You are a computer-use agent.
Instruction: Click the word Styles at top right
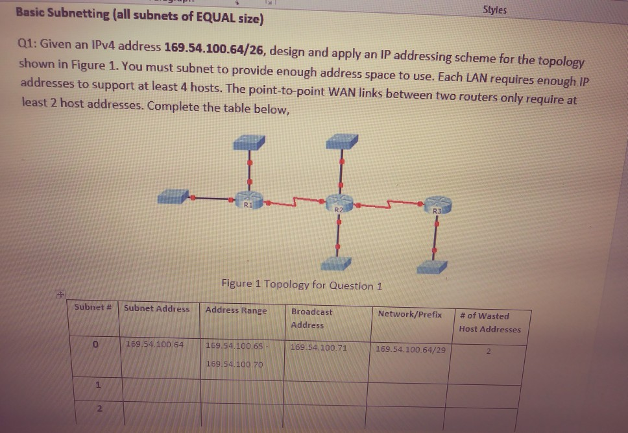[495, 10]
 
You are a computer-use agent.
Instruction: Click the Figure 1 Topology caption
[302, 284]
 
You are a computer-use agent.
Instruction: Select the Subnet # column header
[94, 307]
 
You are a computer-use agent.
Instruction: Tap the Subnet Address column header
[156, 308]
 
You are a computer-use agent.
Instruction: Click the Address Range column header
[235, 310]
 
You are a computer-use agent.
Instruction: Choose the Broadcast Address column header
[311, 318]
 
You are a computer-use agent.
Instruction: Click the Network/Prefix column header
[409, 314]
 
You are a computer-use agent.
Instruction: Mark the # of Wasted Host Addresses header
[489, 323]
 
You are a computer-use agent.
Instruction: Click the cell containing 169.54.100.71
[319, 348]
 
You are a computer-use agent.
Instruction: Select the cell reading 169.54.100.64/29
[411, 349]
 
